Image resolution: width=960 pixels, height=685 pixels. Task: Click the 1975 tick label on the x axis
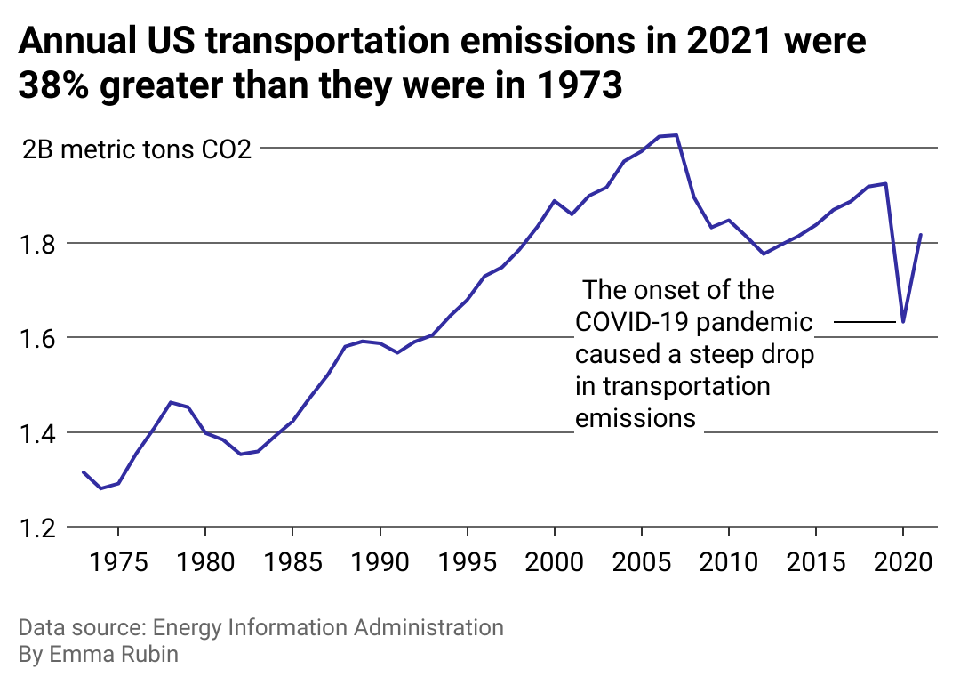pos(118,565)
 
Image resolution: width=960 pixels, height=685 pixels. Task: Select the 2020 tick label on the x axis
pos(903,565)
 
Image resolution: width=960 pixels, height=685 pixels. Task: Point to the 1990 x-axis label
pos(380,565)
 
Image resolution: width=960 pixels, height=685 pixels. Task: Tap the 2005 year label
pos(642,565)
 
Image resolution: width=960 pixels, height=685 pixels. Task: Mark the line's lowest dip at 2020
pos(903,321)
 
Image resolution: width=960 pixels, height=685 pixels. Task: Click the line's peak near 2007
pos(676,135)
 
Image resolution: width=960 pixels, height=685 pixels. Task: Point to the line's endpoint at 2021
pos(921,235)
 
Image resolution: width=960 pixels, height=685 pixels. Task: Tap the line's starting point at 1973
pos(84,472)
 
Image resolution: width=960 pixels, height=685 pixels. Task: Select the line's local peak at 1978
pos(171,402)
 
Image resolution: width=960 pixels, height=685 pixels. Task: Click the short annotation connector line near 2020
pos(866,321)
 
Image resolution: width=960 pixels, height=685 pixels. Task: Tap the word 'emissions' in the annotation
pos(636,417)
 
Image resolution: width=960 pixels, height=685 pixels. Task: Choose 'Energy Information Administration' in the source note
pos(329,627)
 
